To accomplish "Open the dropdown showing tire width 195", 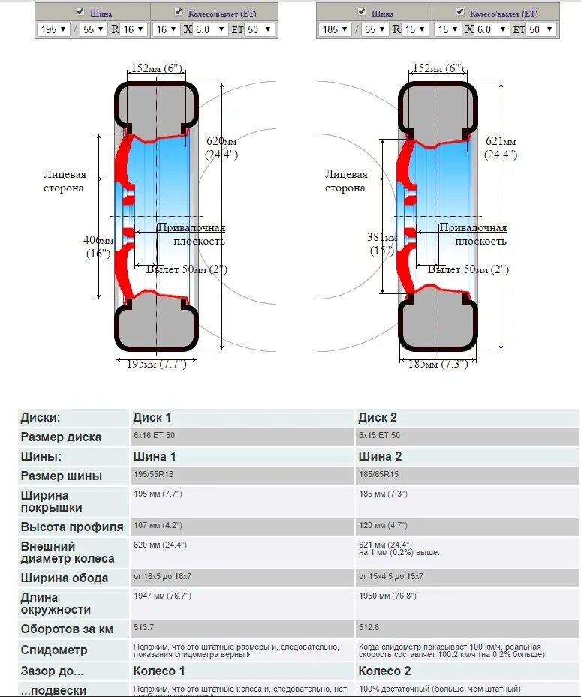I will click(x=53, y=29).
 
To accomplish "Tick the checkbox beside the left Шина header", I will click(x=80, y=12).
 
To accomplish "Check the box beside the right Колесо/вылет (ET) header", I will click(x=460, y=12).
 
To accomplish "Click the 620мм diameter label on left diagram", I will click(x=221, y=147).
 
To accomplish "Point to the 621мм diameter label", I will click(x=501, y=147).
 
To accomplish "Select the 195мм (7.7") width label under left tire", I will click(x=156, y=364).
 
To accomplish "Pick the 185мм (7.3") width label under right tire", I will click(x=438, y=364).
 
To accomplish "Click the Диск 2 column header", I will click(x=378, y=418).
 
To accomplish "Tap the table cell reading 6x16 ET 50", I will click(x=154, y=436).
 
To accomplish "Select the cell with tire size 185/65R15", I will click(x=381, y=475).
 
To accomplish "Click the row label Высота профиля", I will click(x=72, y=527).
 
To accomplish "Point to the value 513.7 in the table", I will click(x=143, y=627).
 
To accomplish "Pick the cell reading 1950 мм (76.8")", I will click(x=387, y=596).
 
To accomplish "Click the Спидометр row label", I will click(x=54, y=650).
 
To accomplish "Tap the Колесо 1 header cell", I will click(x=158, y=671).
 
